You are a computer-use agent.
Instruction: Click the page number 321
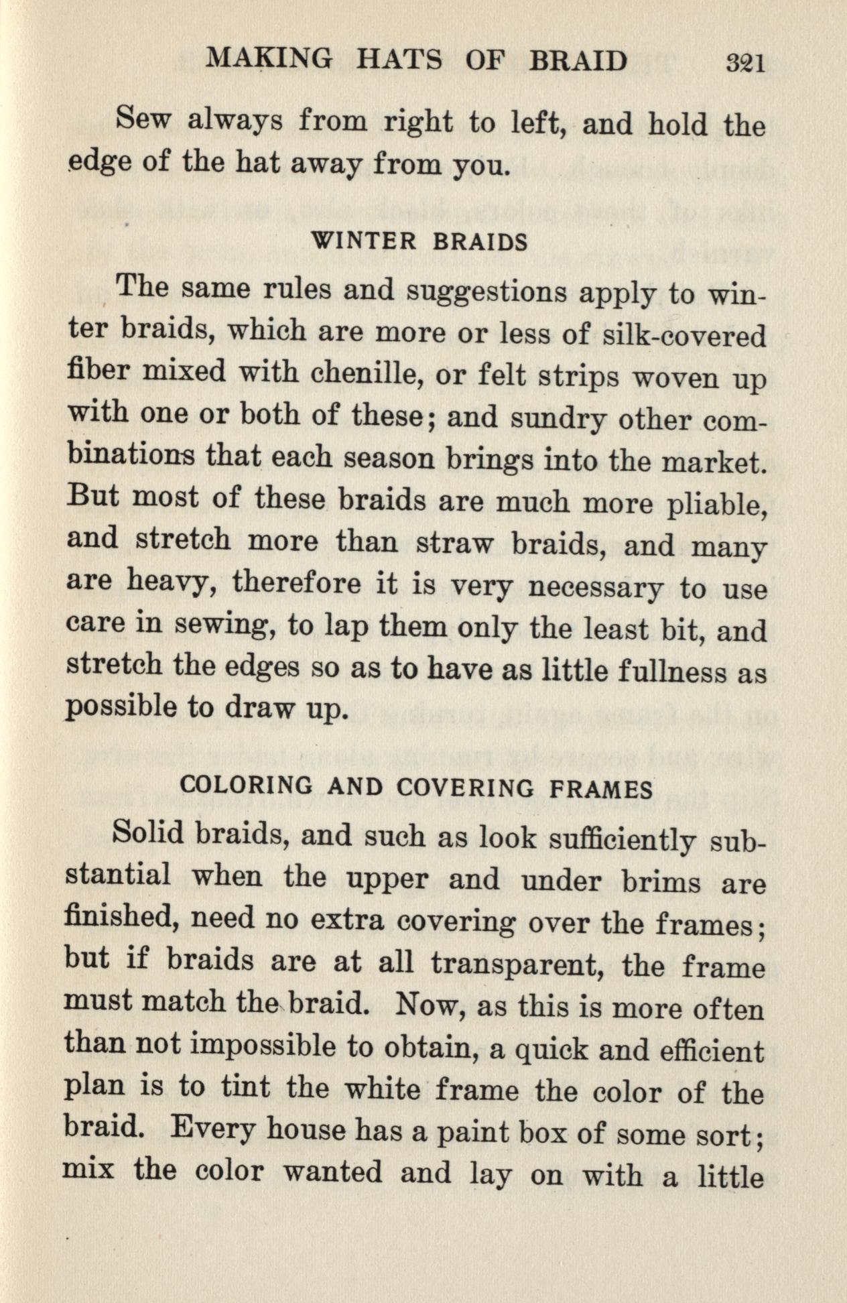coord(745,63)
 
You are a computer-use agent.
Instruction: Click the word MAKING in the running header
coord(268,60)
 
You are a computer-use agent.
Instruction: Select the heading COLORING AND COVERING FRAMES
coord(416,787)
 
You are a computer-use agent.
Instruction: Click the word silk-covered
coord(684,335)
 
